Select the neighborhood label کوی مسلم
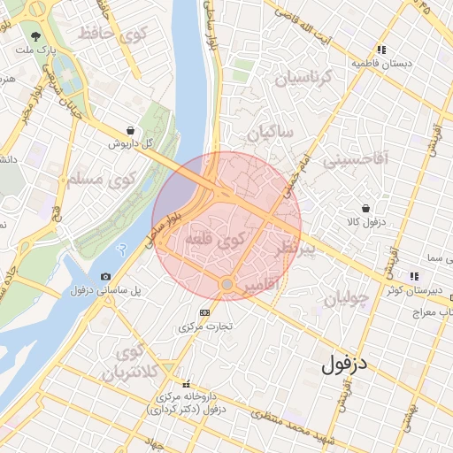pyautogui.click(x=96, y=180)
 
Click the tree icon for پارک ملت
pyautogui.click(x=36, y=37)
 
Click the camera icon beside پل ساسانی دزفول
pyautogui.click(x=106, y=277)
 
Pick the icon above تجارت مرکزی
pyautogui.click(x=205, y=312)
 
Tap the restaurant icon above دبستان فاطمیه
pyautogui.click(x=381, y=50)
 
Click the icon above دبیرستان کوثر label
pyautogui.click(x=415, y=276)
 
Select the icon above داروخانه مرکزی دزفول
pyautogui.click(x=186, y=384)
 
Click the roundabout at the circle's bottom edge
pyautogui.click(x=227, y=284)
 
